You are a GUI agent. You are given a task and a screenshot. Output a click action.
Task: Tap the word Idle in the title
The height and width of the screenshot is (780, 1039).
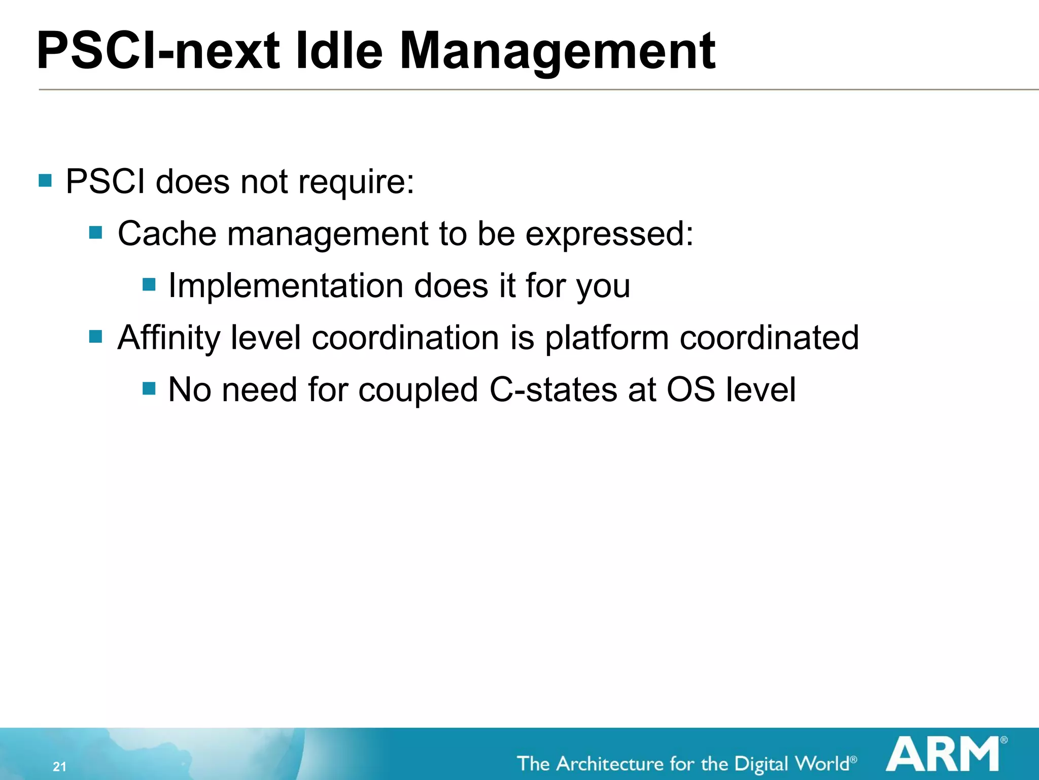tap(338, 51)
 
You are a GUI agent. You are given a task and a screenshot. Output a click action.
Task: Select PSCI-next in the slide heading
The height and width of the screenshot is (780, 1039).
tap(158, 51)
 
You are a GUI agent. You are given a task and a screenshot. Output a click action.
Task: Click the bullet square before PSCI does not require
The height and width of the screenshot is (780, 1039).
tap(45, 180)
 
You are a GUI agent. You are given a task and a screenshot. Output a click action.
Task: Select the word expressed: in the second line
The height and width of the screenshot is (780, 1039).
tap(609, 235)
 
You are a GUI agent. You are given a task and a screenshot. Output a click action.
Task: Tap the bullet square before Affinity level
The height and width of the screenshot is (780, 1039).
tap(95, 336)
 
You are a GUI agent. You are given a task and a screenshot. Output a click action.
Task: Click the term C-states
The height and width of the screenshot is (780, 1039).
tap(553, 390)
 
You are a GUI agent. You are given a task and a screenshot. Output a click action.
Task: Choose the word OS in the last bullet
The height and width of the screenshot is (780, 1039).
tap(690, 390)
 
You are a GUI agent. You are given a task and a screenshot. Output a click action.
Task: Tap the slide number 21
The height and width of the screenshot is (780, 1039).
tap(59, 766)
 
